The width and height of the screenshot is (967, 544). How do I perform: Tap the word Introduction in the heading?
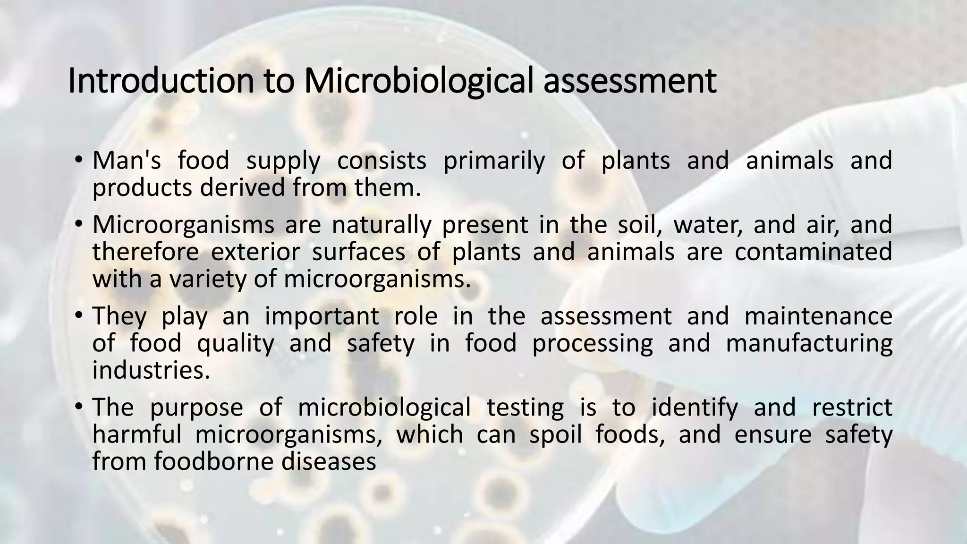(161, 81)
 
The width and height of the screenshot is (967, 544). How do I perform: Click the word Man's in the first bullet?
(127, 160)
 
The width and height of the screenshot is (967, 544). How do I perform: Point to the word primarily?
(494, 161)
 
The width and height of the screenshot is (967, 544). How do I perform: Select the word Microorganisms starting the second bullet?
(183, 225)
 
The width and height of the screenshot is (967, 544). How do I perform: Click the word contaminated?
(813, 252)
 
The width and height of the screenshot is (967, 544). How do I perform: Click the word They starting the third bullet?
(119, 316)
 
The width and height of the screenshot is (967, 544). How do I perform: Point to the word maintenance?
(818, 316)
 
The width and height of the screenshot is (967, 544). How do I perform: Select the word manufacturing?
(809, 344)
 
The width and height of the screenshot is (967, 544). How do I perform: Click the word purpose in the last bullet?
(196, 408)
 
